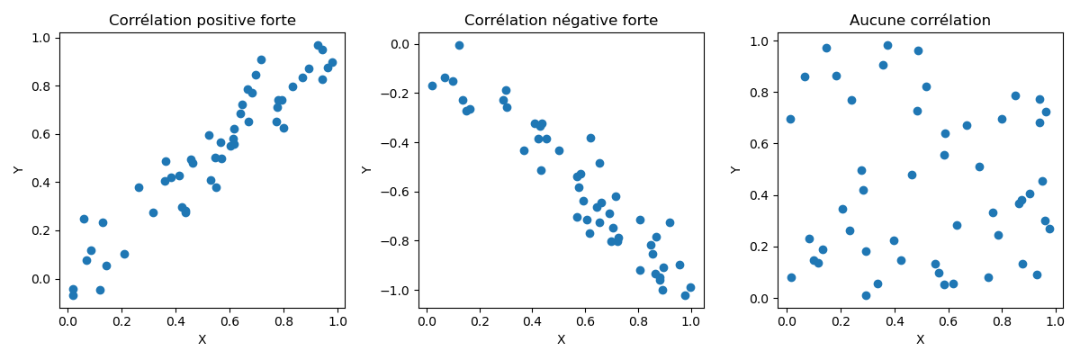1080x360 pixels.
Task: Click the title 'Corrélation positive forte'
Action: point(202,21)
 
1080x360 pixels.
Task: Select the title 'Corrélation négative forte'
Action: point(561,21)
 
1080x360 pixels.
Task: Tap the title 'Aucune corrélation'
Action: point(920,21)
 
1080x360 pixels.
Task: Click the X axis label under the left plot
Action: point(202,340)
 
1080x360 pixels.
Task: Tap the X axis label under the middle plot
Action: point(561,340)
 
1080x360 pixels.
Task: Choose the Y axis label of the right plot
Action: point(736,170)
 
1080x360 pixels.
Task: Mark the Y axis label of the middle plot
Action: point(366,170)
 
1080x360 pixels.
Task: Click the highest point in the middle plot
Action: point(459,45)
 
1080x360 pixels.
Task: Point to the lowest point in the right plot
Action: point(866,295)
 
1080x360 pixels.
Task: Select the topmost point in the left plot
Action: point(318,45)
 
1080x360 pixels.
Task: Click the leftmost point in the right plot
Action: point(790,119)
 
